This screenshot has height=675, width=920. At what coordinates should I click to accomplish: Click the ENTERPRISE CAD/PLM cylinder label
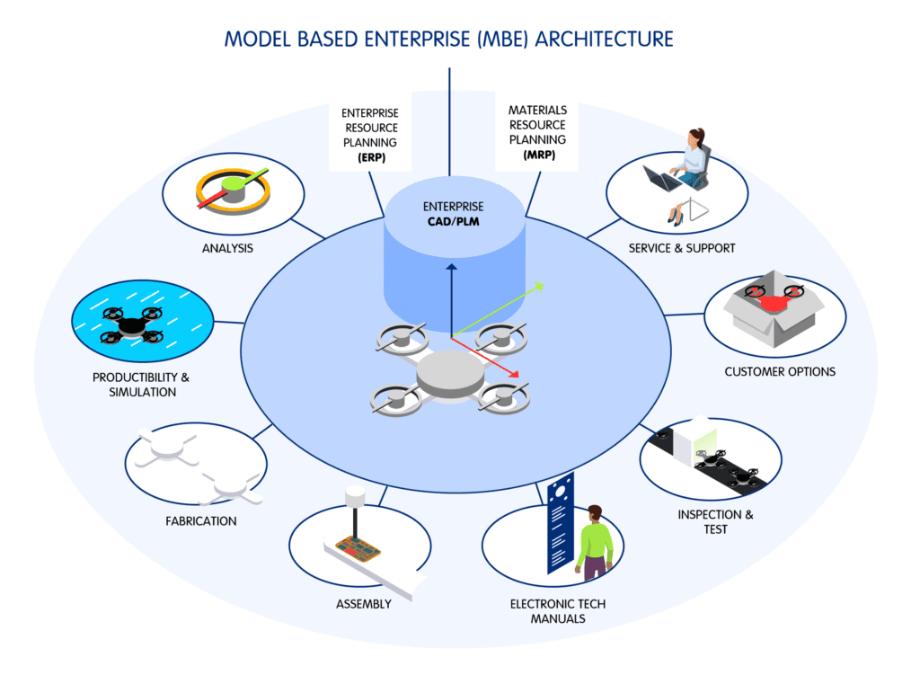click(454, 214)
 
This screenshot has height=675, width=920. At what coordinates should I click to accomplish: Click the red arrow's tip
click(521, 375)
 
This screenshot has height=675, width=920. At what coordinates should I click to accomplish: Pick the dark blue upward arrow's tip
click(451, 266)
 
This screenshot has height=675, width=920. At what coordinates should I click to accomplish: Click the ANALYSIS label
click(227, 248)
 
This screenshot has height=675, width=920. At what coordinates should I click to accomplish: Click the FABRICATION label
click(201, 520)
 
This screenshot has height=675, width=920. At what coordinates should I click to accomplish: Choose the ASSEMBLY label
click(364, 604)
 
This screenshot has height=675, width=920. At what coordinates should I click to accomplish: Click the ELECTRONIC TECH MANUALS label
click(558, 611)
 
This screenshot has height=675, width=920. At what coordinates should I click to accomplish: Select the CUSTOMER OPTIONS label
click(780, 371)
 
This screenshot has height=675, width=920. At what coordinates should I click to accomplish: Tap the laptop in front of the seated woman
click(662, 181)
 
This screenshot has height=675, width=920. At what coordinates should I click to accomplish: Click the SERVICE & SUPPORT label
click(682, 248)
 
